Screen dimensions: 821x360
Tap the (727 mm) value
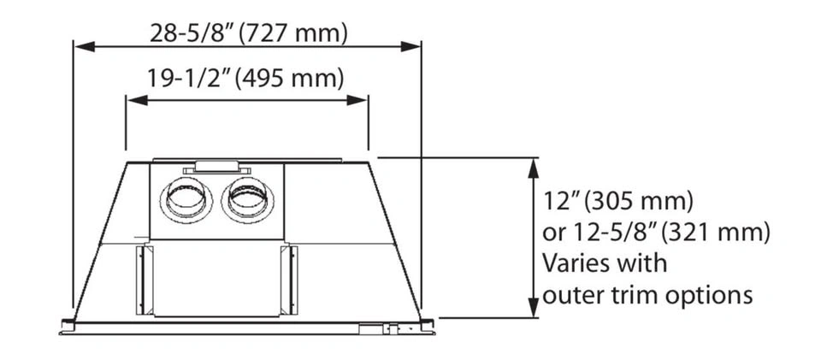(293, 34)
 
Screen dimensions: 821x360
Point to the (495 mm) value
(290, 79)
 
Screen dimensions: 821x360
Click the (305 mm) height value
(639, 202)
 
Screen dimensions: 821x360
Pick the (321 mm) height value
(715, 233)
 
